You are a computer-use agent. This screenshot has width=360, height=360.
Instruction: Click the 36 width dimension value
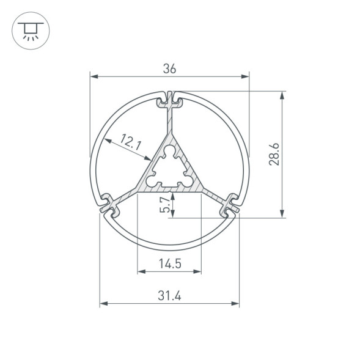[169, 69]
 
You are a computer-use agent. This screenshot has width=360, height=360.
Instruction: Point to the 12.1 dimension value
[131, 144]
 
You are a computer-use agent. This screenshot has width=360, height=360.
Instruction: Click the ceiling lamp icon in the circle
[28, 28]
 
